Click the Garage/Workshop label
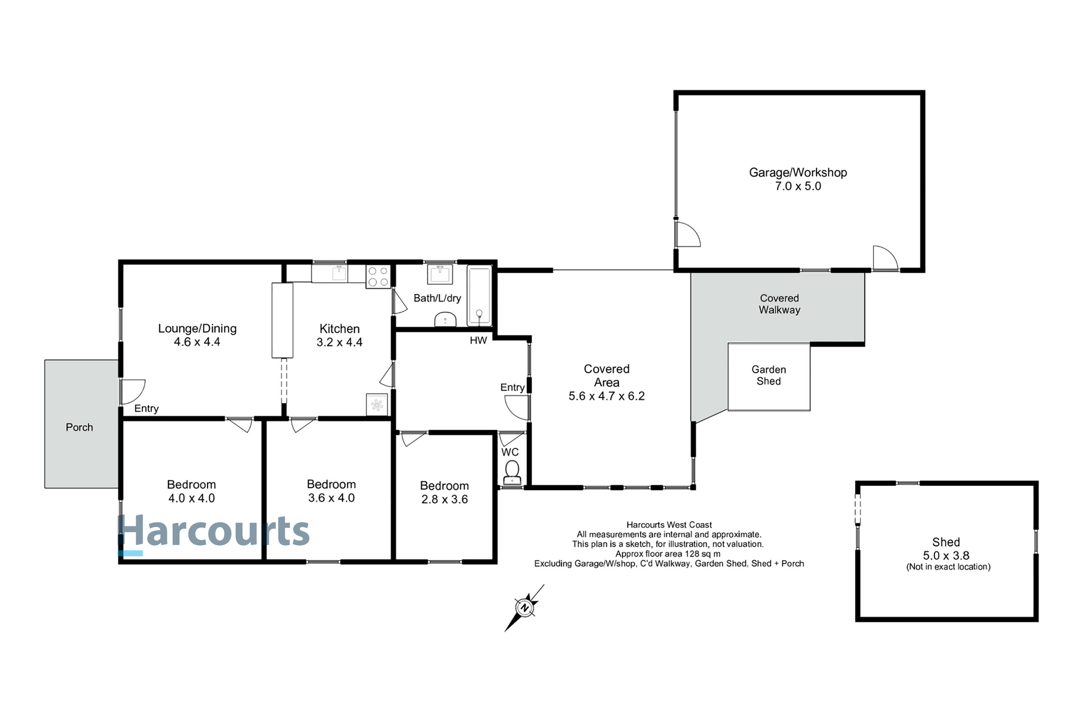[797, 173]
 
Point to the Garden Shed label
[769, 375]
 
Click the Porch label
[79, 427]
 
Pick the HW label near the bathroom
[478, 341]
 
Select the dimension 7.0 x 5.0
[797, 187]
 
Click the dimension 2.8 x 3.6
[444, 499]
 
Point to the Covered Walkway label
[779, 304]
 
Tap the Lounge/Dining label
[197, 328]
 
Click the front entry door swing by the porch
[132, 391]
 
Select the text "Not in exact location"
[948, 567]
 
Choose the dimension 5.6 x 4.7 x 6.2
[606, 396]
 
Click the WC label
[510, 452]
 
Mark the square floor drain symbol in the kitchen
[377, 405]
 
